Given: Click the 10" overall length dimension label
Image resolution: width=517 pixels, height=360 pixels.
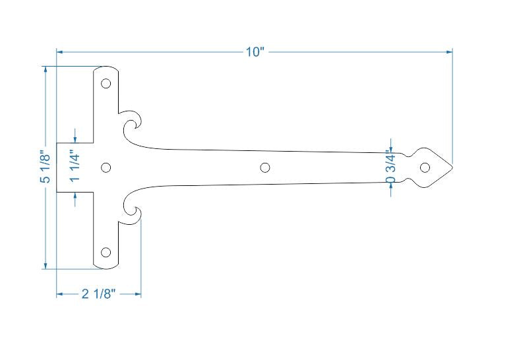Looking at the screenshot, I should pos(255,52).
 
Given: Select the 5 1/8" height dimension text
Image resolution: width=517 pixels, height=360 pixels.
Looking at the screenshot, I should pos(45,167).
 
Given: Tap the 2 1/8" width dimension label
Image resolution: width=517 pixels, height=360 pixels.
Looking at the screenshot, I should pos(99,295).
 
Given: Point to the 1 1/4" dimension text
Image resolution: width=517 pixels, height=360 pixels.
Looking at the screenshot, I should pos(76,167).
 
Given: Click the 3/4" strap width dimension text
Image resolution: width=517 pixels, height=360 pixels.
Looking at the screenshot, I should pos(391,167).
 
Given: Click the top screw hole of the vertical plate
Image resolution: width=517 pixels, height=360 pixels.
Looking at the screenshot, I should pos(106,84).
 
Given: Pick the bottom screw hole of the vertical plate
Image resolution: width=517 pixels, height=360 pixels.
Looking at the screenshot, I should pos(106,252).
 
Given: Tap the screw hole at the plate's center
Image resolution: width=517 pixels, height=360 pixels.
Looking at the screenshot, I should pos(106,167).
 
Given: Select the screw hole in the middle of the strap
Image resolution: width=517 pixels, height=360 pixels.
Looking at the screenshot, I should pos(265,167).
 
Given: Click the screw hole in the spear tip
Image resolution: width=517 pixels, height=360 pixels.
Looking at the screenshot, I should pos(425,167).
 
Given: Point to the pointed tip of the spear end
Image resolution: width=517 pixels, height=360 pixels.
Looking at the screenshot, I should pos(452,167).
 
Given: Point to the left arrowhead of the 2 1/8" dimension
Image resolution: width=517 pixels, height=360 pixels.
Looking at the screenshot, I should pos(59,295).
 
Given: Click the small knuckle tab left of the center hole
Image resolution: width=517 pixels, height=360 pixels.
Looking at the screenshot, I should pos(74,167).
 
